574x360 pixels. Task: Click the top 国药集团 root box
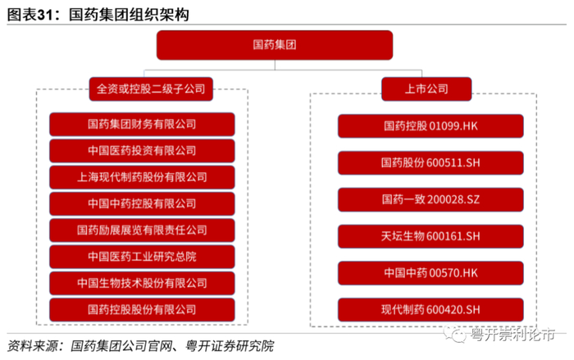pos(286,45)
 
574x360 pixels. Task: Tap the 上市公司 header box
pos(426,88)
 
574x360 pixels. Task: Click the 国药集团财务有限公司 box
pos(142,125)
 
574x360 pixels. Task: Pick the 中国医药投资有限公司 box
pos(142,151)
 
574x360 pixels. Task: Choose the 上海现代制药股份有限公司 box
pos(142,177)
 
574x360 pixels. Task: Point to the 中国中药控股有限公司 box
pos(142,203)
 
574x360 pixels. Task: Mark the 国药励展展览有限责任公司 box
pos(142,230)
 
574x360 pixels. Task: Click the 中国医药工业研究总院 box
pos(142,257)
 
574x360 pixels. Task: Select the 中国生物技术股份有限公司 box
pos(142,283)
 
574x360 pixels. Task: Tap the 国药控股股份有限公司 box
pos(142,310)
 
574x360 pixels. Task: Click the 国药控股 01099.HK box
pos(430,126)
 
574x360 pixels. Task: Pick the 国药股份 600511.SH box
pos(430,163)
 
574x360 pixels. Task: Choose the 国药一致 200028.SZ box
pos(430,199)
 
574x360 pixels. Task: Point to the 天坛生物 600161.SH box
pos(430,236)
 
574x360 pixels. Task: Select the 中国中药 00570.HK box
pos(430,273)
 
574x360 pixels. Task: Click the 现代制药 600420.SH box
pos(430,310)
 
